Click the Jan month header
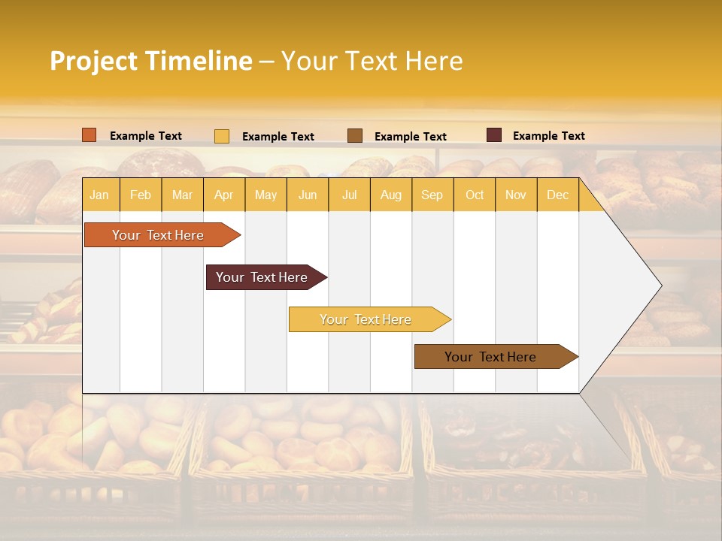click(x=99, y=195)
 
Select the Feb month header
click(x=141, y=195)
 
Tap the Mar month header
click(x=182, y=195)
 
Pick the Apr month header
click(x=223, y=195)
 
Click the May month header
click(x=265, y=195)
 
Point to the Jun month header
click(x=308, y=195)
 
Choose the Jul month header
click(x=349, y=195)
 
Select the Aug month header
click(x=390, y=195)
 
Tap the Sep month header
click(x=432, y=195)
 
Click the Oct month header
click(x=475, y=195)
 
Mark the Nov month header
click(x=516, y=195)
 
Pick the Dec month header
click(x=557, y=195)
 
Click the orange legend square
click(x=89, y=135)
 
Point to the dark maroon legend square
click(x=494, y=135)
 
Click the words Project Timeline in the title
click(x=151, y=61)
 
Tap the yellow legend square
click(x=222, y=136)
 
